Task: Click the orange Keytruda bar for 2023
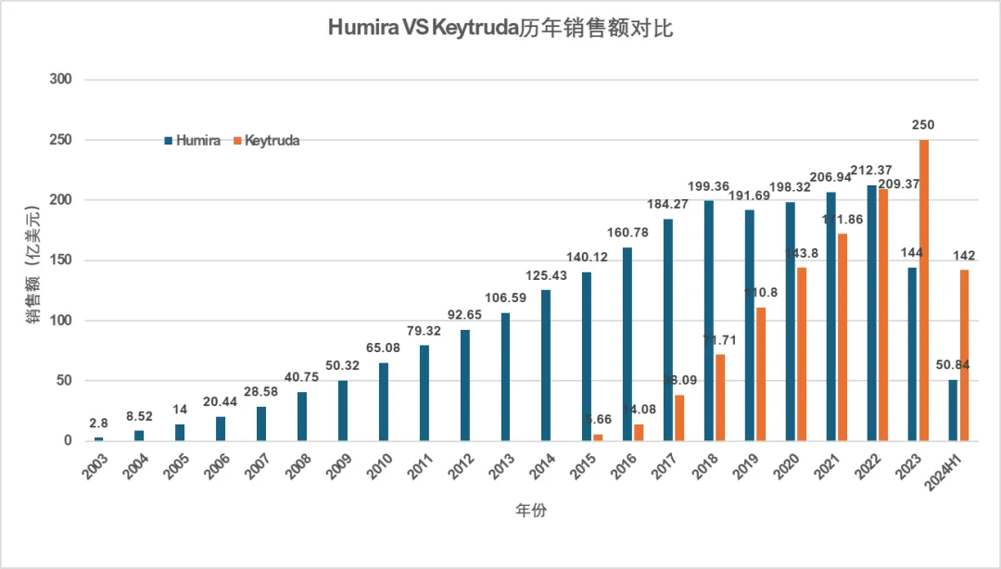click(x=924, y=290)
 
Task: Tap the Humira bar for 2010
click(x=384, y=402)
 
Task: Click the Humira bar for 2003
click(x=99, y=439)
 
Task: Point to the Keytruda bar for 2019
click(x=761, y=374)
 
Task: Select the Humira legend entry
click(x=193, y=141)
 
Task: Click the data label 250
click(x=923, y=125)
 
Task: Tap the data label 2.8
click(x=99, y=424)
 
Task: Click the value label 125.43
click(x=546, y=275)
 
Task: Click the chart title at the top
click(x=500, y=29)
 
